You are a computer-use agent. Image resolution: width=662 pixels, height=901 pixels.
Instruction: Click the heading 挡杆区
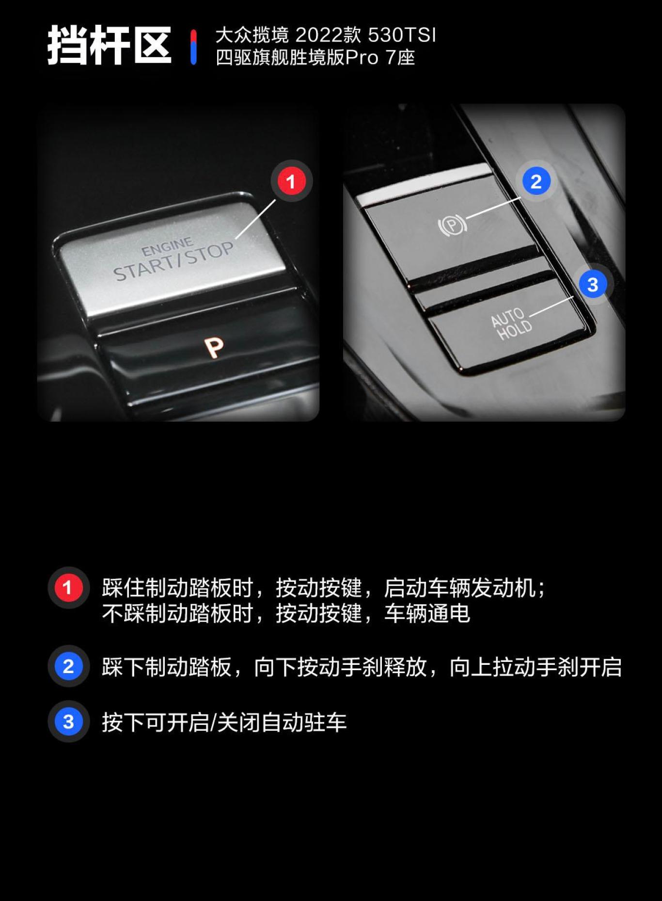(x=109, y=46)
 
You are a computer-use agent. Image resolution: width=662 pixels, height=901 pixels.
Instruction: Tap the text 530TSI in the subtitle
(x=402, y=35)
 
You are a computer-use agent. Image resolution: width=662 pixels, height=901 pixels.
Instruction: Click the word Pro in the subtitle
(x=362, y=58)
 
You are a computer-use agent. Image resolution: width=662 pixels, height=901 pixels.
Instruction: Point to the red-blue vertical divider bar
(x=193, y=47)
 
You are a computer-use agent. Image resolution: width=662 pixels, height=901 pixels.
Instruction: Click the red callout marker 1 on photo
(x=291, y=181)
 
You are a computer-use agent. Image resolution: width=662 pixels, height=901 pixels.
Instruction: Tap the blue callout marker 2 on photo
(x=536, y=181)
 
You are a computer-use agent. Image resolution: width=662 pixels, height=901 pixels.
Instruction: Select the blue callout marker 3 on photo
(x=592, y=285)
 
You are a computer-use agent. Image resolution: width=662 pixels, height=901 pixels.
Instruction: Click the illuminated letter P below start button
(x=214, y=347)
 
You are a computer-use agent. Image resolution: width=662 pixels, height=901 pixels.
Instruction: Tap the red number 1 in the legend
(x=68, y=588)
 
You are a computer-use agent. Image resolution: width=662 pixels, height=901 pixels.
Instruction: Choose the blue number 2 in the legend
(x=68, y=666)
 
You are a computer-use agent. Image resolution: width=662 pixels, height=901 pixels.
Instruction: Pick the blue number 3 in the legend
(x=68, y=722)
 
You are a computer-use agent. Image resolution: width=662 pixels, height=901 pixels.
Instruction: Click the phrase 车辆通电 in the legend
(x=427, y=613)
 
